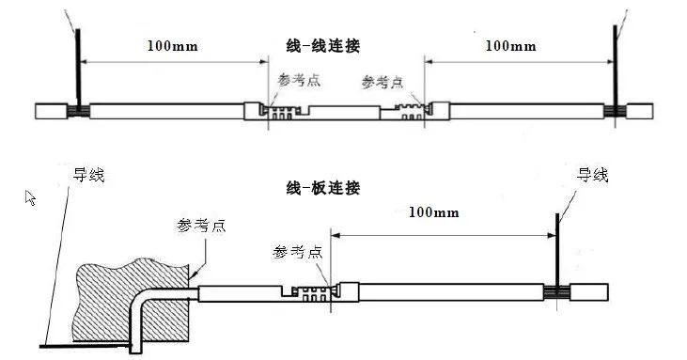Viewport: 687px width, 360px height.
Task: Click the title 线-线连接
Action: point(322,44)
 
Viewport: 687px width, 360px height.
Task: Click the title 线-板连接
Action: point(323,187)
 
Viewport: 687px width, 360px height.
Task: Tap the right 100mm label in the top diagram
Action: point(510,45)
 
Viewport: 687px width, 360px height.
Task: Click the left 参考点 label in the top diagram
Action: point(294,81)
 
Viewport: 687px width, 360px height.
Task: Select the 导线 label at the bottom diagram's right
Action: point(592,174)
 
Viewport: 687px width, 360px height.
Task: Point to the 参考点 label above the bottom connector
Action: point(299,252)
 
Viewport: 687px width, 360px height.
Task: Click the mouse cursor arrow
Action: point(30,196)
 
